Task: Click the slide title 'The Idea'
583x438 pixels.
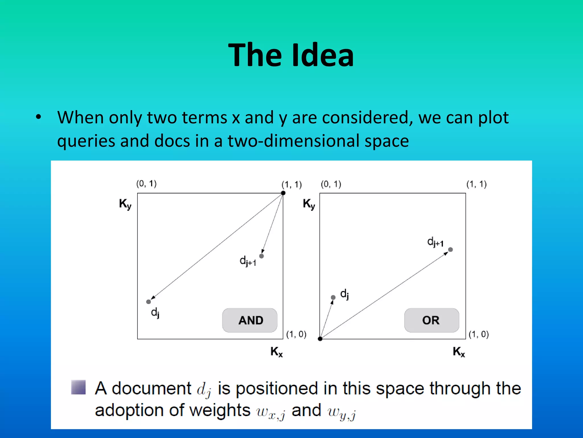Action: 291,55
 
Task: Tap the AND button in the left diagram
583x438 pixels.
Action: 250,320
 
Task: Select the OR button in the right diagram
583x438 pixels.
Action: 431,320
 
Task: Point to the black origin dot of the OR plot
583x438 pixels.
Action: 320,339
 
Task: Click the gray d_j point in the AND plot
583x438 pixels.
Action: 148,302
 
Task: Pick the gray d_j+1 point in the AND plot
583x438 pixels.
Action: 262,256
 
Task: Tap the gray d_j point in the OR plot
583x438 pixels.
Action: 333,297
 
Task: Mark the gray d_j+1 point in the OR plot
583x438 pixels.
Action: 450,250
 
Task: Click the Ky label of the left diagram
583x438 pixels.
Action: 125,204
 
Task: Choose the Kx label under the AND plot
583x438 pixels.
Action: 276,352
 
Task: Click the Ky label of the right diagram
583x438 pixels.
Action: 309,204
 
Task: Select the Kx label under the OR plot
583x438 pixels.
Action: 459,352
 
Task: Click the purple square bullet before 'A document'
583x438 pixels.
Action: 78,387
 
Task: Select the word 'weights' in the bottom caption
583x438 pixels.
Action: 219,410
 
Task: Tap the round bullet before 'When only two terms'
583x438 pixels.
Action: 38,117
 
